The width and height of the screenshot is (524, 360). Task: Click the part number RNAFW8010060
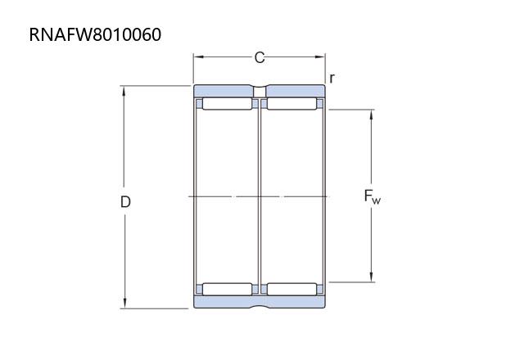point(95,34)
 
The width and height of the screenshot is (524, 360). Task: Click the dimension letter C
point(260,57)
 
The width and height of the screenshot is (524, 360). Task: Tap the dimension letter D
point(125,202)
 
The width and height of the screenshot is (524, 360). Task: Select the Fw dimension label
point(372,196)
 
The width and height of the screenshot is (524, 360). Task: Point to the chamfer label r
point(332,79)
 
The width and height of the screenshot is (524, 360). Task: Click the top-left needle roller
point(228,104)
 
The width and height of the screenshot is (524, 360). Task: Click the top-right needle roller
point(291,104)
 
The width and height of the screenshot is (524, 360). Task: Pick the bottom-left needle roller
point(228,289)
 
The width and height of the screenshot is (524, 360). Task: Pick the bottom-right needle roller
point(291,289)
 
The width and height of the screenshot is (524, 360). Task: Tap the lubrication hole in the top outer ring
point(260,92)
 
